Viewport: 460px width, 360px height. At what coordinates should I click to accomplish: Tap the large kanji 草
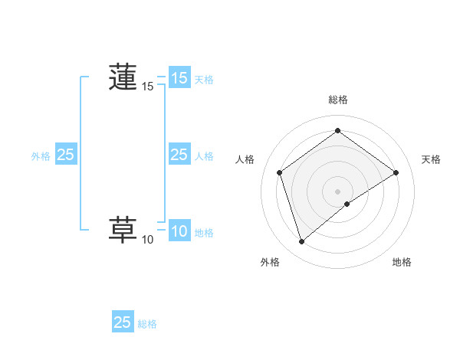(123, 230)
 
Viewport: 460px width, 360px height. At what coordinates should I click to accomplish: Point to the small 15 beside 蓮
(148, 87)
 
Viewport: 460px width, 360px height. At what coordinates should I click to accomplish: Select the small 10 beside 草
(148, 241)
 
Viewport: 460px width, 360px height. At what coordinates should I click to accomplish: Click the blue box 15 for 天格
(179, 78)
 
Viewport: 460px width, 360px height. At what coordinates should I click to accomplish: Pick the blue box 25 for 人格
(179, 155)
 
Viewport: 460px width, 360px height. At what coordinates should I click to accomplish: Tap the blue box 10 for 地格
(179, 231)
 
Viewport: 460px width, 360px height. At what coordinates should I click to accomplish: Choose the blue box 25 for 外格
(66, 155)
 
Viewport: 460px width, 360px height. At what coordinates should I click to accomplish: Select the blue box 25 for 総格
(123, 322)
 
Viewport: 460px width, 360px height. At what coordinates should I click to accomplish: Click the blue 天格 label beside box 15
(204, 79)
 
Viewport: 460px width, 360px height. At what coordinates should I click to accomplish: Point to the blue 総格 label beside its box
(147, 324)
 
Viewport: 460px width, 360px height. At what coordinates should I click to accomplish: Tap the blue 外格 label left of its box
(41, 155)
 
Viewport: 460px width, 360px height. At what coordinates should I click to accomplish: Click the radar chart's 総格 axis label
(337, 100)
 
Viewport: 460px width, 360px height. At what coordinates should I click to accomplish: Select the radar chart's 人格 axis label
(246, 159)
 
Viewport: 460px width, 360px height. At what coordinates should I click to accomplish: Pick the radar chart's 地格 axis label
(402, 262)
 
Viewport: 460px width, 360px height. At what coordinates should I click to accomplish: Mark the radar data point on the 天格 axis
(396, 172)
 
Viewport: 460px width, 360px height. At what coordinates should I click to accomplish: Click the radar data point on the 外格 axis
(301, 242)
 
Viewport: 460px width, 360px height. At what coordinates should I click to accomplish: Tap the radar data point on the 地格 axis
(347, 204)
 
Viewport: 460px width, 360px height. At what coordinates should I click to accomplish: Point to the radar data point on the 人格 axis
(280, 172)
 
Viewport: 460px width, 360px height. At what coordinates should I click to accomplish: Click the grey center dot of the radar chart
(337, 191)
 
